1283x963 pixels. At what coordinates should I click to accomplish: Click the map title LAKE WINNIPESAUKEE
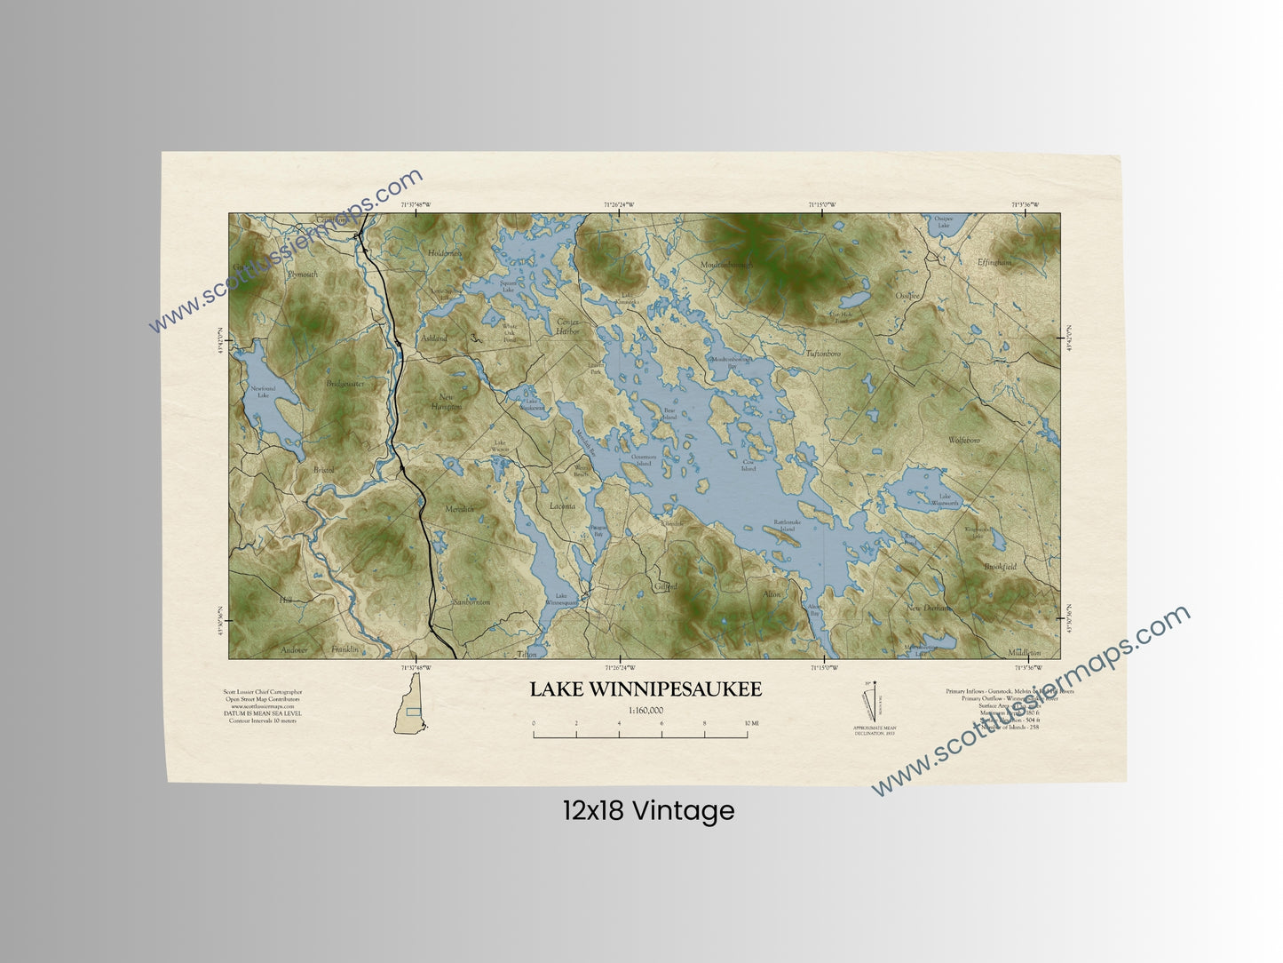[x=645, y=689]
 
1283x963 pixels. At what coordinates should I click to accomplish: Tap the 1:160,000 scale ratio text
[x=645, y=710]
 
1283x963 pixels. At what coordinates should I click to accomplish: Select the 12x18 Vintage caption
[x=648, y=810]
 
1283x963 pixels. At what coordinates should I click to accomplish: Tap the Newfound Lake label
[x=263, y=392]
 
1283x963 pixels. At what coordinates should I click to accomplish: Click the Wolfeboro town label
[x=963, y=440]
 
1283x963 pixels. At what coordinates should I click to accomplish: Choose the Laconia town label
[x=562, y=506]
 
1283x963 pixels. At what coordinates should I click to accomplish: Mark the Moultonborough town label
[x=725, y=265]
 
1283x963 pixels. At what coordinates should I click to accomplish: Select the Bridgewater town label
[x=345, y=384]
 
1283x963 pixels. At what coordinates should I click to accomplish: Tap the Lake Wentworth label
[x=944, y=499]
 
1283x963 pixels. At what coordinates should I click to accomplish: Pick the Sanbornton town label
[x=471, y=601]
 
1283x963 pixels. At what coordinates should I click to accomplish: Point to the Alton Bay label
[x=814, y=609]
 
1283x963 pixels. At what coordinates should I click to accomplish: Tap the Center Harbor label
[x=566, y=326]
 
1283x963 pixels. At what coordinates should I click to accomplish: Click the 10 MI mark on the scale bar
[x=750, y=724]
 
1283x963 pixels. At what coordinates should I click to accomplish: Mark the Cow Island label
[x=748, y=466]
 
